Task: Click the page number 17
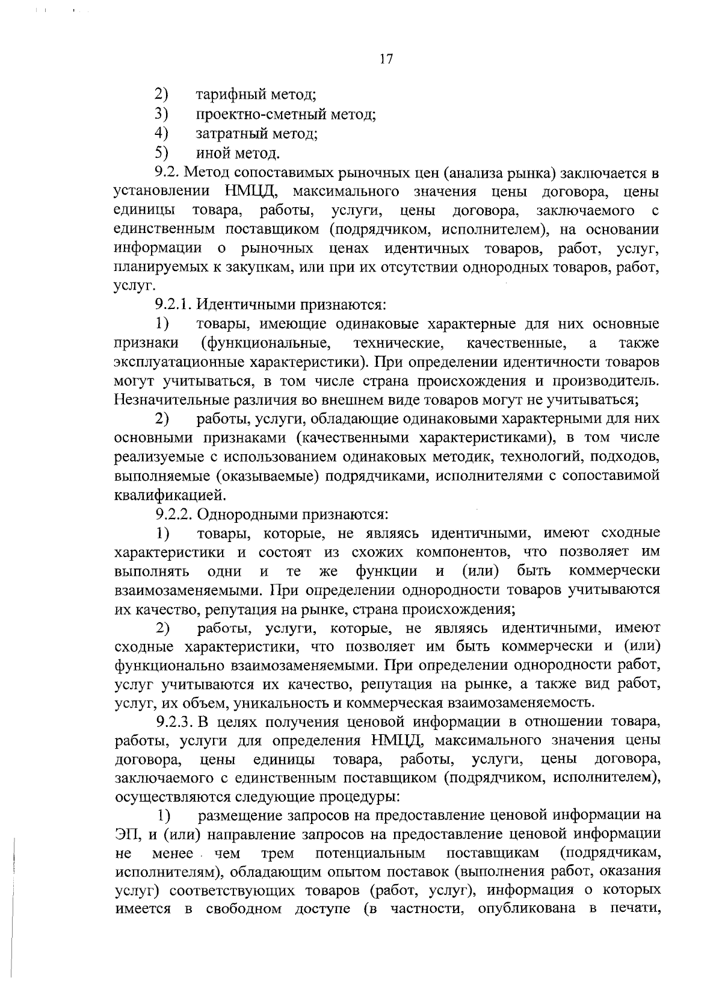386,60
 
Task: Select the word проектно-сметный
259,114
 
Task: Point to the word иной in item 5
211,153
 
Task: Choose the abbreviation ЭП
125,835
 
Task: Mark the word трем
277,853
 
